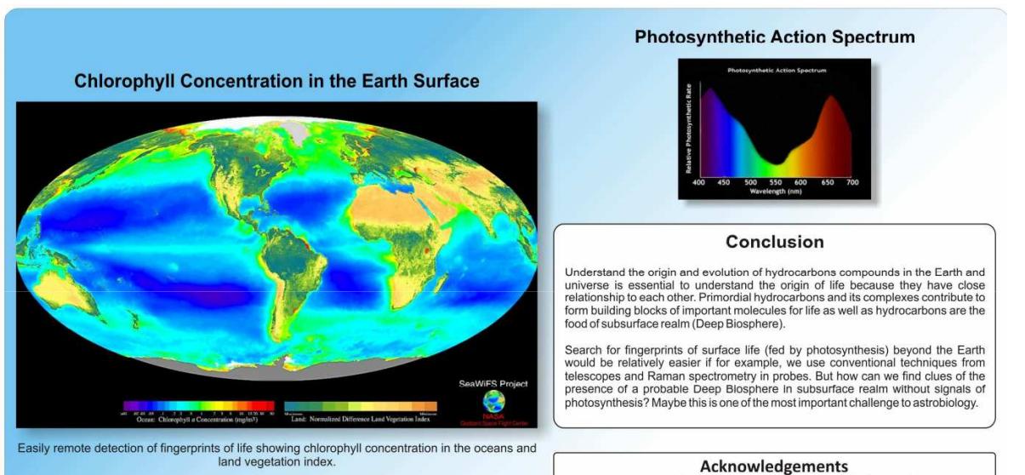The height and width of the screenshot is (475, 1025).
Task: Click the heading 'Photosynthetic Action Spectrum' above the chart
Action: coord(774,37)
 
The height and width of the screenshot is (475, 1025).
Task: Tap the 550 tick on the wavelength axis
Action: coord(775,182)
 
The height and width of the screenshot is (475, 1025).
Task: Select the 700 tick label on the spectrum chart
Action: coord(852,182)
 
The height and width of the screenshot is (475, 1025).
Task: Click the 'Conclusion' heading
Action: coord(774,243)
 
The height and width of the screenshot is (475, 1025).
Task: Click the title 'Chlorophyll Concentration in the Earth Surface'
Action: coord(276,82)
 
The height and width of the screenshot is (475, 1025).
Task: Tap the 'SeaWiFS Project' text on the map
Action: coord(493,385)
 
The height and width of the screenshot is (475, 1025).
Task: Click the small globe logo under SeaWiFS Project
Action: coord(493,402)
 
